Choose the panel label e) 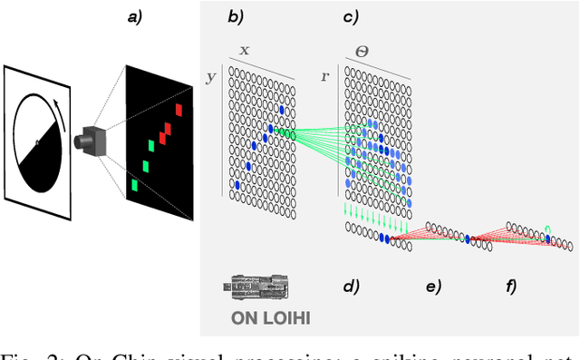434,287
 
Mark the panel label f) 510,287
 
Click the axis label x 244,52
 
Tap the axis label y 211,77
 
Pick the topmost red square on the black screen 179,111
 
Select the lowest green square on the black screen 134,186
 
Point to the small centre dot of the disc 36,142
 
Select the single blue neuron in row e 470,239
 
